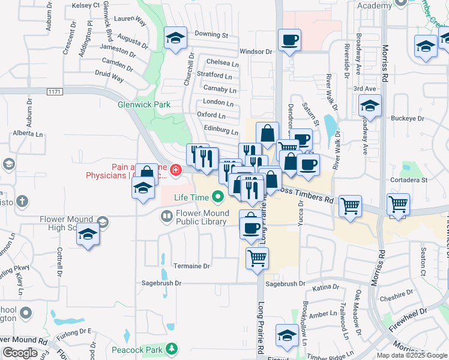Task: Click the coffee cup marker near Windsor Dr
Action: pos(289,40)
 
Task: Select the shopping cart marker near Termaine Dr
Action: pos(257,258)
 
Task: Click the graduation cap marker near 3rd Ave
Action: pos(370,106)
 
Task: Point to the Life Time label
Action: pos(191,197)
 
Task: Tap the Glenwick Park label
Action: pos(143,104)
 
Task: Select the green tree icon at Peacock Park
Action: pos(172,348)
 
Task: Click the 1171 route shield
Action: pos(55,91)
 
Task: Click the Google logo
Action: pos(20,353)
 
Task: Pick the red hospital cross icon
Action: pos(175,172)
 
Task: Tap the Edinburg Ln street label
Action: pos(221,130)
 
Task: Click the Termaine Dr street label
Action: pos(191,266)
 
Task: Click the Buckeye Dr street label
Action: pos(408,118)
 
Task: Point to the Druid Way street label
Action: pos(109,78)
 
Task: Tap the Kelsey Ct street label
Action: pos(85,5)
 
